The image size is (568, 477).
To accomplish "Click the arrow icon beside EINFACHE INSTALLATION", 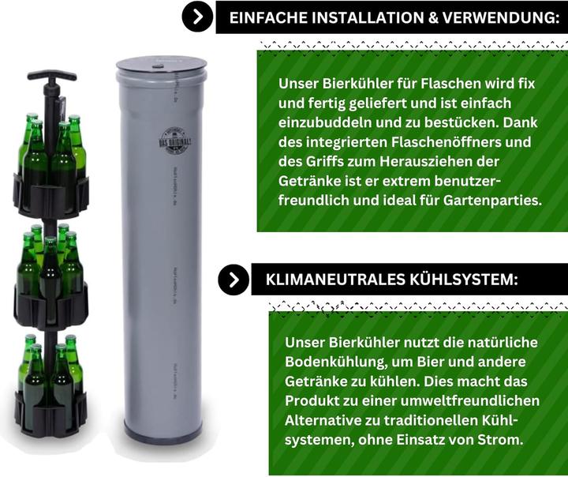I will tap(197, 16).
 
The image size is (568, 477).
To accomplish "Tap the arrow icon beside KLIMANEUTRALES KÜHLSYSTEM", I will tap(234, 280).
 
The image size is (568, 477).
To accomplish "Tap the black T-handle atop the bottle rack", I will tap(52, 77).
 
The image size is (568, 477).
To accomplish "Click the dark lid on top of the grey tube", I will tap(161, 65).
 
